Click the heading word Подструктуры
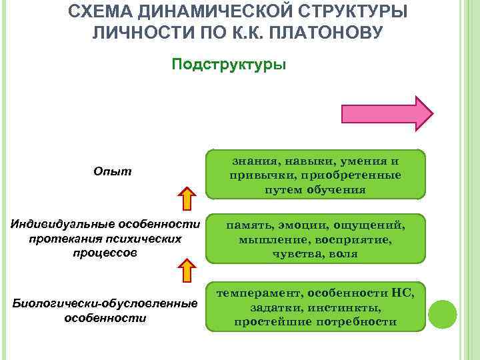229,65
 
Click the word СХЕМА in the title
108,11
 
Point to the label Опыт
113,172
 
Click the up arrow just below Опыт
188,198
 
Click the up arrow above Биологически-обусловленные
188,272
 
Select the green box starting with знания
315,175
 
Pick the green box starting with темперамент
315,307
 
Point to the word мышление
269,239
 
